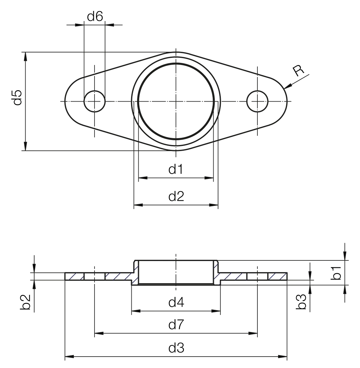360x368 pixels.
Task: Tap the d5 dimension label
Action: click(x=17, y=98)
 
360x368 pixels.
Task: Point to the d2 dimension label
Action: click(x=176, y=196)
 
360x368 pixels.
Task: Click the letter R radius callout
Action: click(x=298, y=71)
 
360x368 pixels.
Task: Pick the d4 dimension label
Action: click(x=176, y=302)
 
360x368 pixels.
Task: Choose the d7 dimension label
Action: click(x=176, y=325)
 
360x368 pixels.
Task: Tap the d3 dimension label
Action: click(x=176, y=348)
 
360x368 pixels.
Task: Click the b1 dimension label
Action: click(x=336, y=273)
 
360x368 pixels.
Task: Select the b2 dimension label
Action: click(x=25, y=302)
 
